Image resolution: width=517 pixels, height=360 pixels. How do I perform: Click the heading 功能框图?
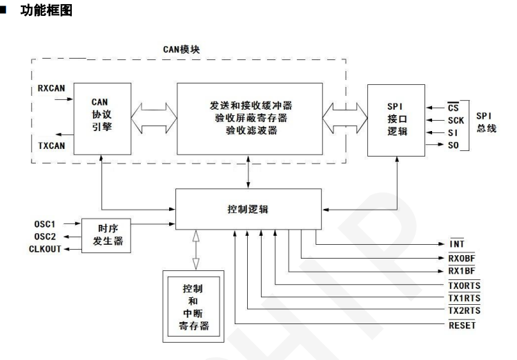click(x=47, y=12)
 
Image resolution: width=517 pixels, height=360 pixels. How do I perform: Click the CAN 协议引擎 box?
click(x=101, y=114)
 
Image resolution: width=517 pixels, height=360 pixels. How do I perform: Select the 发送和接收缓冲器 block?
click(x=249, y=118)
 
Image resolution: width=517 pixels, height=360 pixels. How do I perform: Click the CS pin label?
click(x=453, y=108)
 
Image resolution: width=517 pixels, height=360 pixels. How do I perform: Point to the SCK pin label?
click(x=456, y=120)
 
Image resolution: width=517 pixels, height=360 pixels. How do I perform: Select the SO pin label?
click(x=453, y=145)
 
